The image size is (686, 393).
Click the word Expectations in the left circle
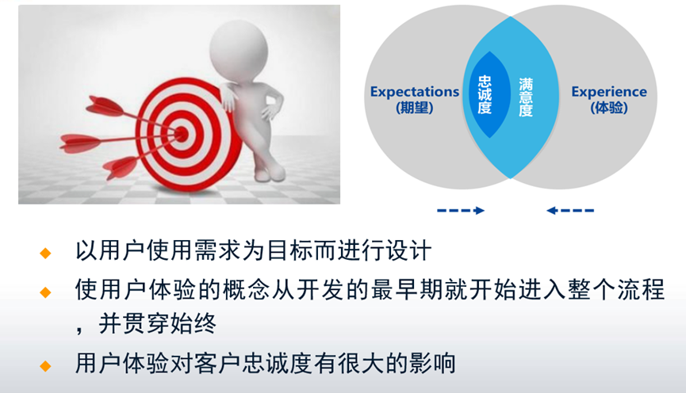click(414, 91)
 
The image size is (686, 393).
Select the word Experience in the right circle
click(609, 92)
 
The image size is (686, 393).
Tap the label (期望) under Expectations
click(414, 108)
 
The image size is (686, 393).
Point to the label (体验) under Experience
click(609, 108)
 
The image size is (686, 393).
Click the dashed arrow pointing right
click(461, 210)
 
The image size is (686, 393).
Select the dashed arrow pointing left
click(570, 210)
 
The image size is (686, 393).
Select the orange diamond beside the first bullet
click(45, 253)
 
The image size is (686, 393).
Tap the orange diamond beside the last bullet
click(45, 365)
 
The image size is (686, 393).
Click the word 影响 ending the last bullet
click(435, 364)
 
